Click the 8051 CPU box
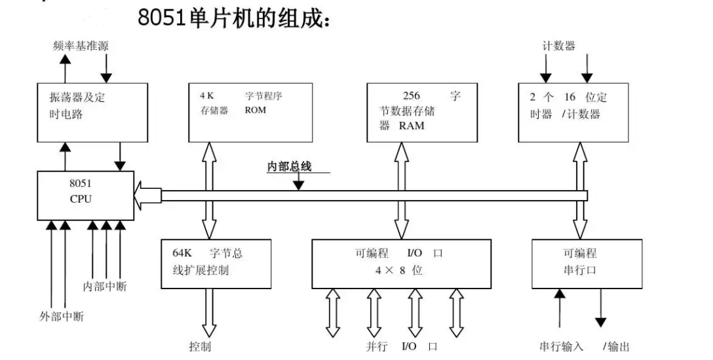click(85, 195)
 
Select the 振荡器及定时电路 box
click(92, 112)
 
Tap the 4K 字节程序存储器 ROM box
click(250, 112)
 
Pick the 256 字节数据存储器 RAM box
click(422, 112)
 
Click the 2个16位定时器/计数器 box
click(573, 112)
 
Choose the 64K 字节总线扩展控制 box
click(216, 264)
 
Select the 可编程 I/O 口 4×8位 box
click(402, 264)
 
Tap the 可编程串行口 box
click(587, 264)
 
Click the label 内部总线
click(289, 167)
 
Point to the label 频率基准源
click(81, 46)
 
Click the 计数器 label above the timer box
click(559, 46)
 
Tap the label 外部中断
click(62, 317)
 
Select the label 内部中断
click(105, 287)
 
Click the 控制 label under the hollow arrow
click(200, 347)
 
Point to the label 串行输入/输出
click(585, 347)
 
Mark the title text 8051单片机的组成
click(234, 18)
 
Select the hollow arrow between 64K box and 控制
click(208, 313)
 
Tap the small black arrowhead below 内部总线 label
click(298, 185)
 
